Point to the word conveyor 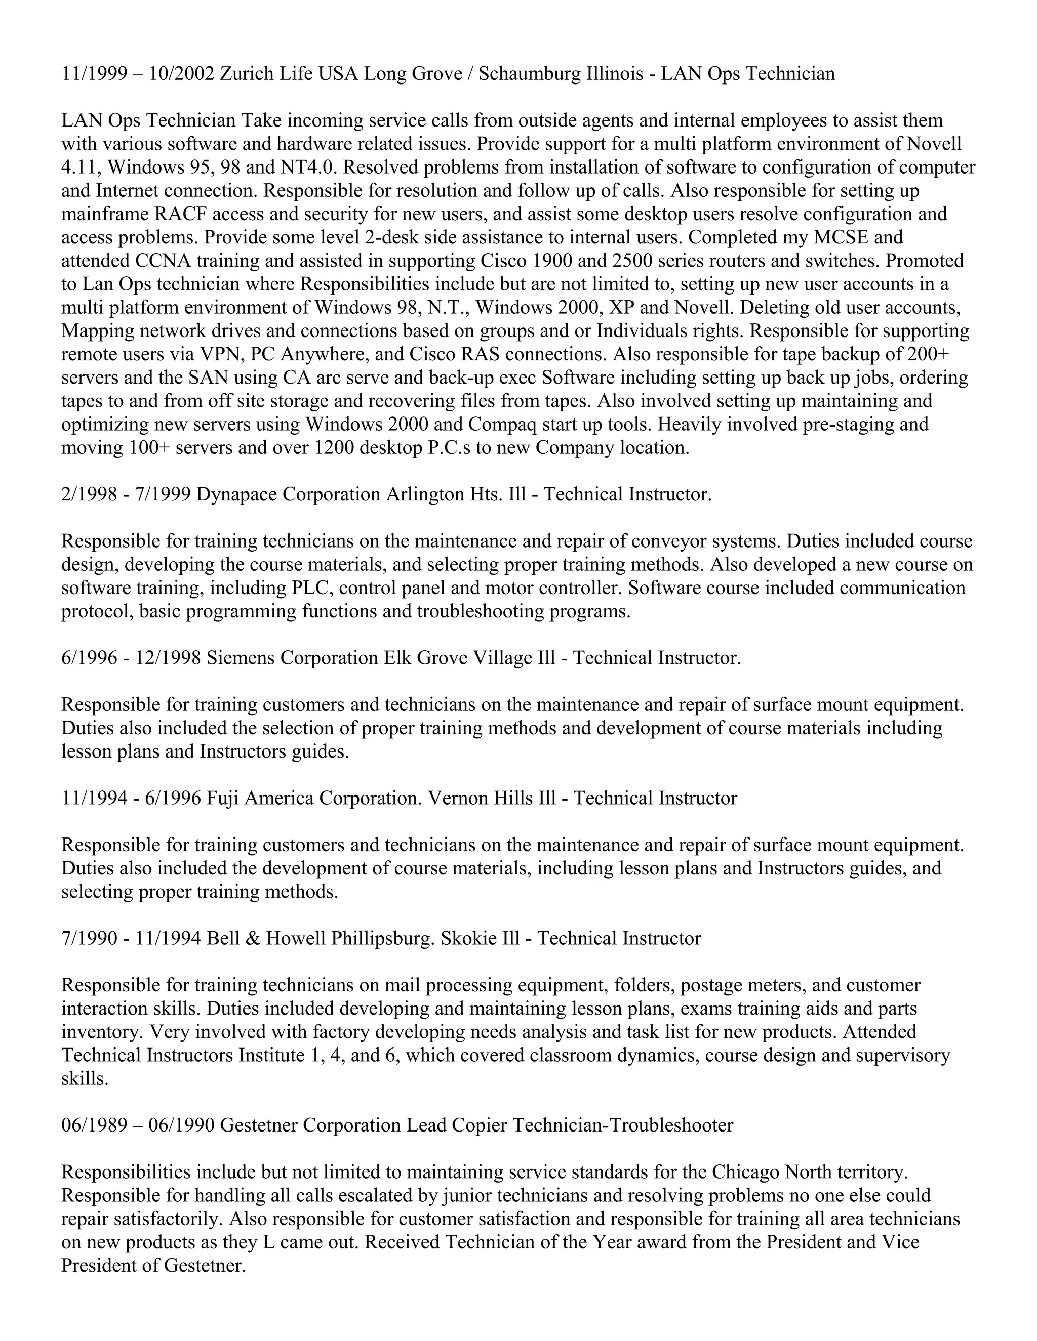click(x=678, y=541)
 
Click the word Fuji click(x=221, y=798)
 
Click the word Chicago click(x=746, y=1172)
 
